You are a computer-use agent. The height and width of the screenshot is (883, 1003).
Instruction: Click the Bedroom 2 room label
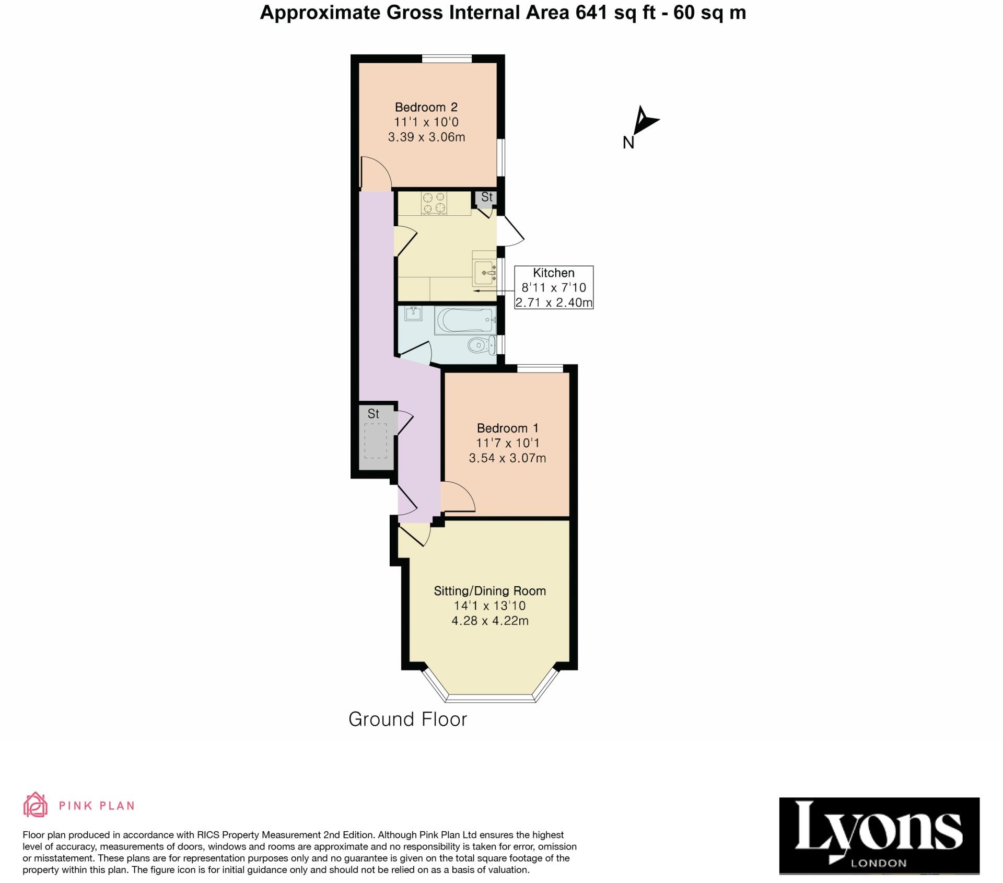point(426,107)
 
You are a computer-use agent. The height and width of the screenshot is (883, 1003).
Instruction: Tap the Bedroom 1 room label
point(507,428)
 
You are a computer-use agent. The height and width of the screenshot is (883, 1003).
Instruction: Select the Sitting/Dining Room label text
point(489,591)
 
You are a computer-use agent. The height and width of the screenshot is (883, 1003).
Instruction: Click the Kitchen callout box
point(554,287)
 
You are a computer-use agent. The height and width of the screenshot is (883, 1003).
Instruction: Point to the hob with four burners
point(434,203)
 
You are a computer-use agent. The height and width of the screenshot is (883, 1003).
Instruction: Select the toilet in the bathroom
point(481,345)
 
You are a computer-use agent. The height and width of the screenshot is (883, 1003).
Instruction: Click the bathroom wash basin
point(413,313)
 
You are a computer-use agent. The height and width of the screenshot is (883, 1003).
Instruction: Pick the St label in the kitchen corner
point(486,197)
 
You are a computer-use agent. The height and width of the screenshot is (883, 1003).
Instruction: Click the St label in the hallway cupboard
point(373,414)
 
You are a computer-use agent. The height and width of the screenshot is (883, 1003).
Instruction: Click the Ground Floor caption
point(407,719)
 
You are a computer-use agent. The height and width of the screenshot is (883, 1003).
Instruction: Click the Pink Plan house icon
point(35,805)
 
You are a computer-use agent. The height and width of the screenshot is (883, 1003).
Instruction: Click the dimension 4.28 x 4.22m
point(489,621)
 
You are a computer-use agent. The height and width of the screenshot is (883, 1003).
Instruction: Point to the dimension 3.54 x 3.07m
point(507,458)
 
